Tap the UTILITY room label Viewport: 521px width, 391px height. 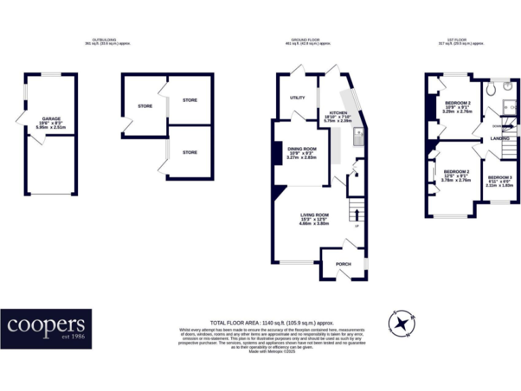tap(297, 98)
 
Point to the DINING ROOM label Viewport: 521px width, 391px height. tap(302, 149)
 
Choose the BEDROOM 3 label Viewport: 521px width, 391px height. tap(500, 177)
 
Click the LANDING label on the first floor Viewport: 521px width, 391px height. tap(501, 138)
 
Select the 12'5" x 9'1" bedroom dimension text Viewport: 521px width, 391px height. tap(456, 176)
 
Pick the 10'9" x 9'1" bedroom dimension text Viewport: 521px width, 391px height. tap(457, 107)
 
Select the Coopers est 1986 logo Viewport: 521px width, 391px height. tap(46, 329)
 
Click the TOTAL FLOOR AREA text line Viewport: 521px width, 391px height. tap(271, 322)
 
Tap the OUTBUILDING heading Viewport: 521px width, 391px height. tap(107, 40)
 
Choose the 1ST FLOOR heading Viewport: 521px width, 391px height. tap(461, 40)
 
